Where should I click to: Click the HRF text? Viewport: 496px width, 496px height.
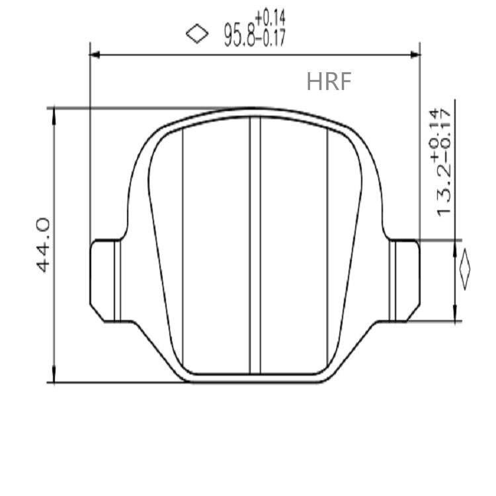tap(329, 81)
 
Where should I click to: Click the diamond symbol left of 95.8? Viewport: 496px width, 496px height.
tap(196, 33)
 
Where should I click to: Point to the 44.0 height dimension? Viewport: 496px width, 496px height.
tap(44, 245)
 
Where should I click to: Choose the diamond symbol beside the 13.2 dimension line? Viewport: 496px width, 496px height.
tap(464, 269)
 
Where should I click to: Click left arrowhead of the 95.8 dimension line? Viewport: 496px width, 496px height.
tap(95, 54)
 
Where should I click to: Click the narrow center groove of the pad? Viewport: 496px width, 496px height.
tap(255, 245)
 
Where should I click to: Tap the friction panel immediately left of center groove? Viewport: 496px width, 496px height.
tap(216, 245)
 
